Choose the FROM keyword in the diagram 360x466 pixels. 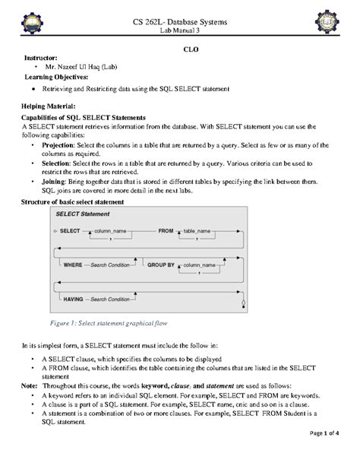click(166, 229)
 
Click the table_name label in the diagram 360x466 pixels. click(201, 229)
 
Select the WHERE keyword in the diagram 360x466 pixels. click(73, 265)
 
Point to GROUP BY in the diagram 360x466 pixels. click(160, 265)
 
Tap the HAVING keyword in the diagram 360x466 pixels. click(74, 300)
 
